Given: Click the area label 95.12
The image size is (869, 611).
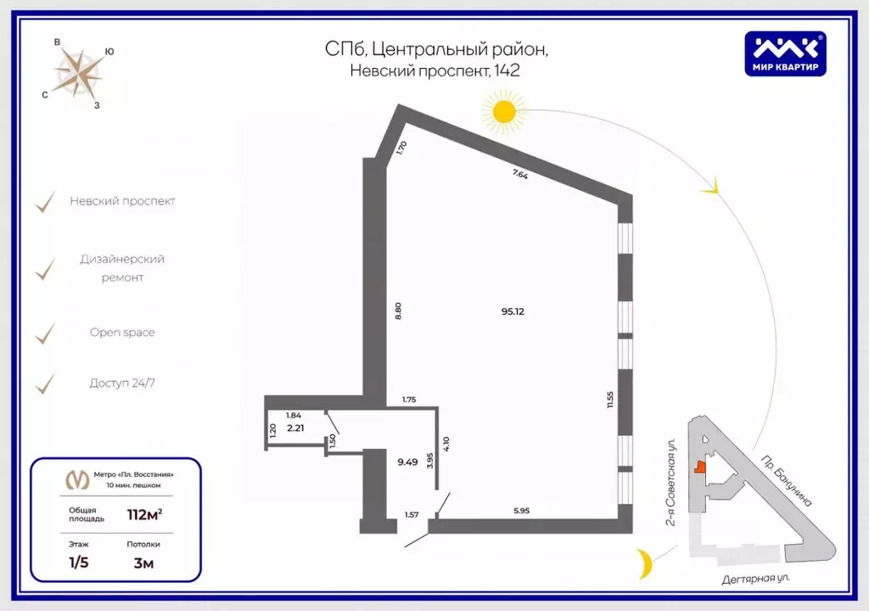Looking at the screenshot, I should pyautogui.click(x=513, y=311).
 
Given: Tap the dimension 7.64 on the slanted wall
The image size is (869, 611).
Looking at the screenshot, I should pyautogui.click(x=520, y=175).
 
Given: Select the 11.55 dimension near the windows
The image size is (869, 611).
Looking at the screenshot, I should pyautogui.click(x=609, y=399).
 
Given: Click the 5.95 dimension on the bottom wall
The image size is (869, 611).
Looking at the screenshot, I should pyautogui.click(x=522, y=510).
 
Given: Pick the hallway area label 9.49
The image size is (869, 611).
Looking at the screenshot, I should pyautogui.click(x=407, y=462).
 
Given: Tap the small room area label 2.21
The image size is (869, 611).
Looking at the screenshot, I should pyautogui.click(x=295, y=428).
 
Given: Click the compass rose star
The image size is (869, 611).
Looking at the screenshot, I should pyautogui.click(x=77, y=72).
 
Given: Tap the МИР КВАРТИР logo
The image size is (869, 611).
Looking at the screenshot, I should pyautogui.click(x=785, y=53).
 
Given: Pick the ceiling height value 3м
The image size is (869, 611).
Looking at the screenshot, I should pyautogui.click(x=143, y=562).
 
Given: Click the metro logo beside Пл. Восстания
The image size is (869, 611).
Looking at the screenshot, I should pyautogui.click(x=77, y=479).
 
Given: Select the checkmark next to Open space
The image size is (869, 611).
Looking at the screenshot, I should pyautogui.click(x=45, y=334).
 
